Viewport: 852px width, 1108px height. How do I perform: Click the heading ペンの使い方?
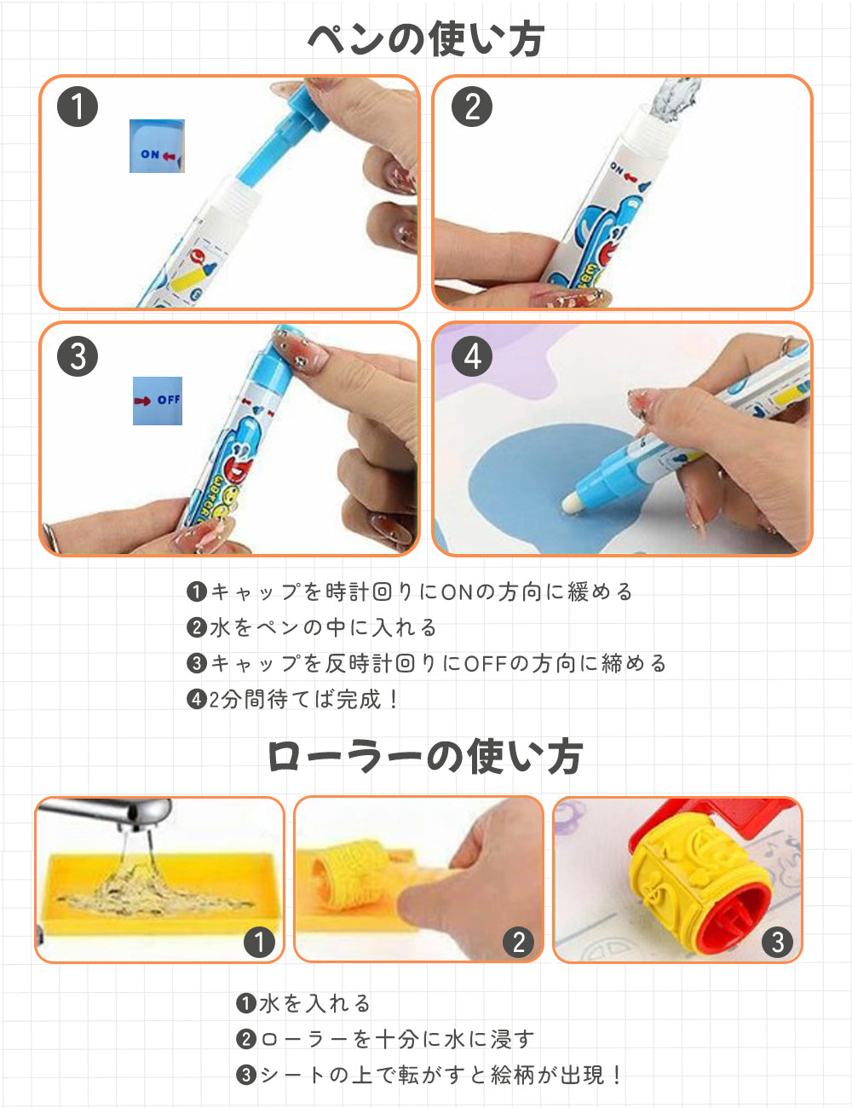[426, 39]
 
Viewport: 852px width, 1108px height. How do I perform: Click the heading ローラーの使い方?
[425, 757]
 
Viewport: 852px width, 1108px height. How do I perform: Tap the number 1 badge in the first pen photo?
[78, 107]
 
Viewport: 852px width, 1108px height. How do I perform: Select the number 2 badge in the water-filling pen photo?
[472, 107]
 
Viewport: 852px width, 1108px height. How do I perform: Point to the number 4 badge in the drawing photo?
[472, 356]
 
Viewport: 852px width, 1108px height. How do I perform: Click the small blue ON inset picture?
[157, 147]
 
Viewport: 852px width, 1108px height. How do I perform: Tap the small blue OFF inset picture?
[158, 401]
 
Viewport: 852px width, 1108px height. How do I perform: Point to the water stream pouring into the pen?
[674, 100]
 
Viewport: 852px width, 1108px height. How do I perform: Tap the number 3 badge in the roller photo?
[777, 942]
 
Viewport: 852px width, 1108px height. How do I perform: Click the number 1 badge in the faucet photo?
[259, 942]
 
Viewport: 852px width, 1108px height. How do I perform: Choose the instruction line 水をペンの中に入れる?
[312, 627]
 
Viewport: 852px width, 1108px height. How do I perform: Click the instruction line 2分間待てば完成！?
[292, 699]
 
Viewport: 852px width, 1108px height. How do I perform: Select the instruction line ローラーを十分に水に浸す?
[385, 1039]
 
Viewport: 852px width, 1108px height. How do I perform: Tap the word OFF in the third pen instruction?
[486, 663]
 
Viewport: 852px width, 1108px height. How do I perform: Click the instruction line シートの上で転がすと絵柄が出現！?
[429, 1076]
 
